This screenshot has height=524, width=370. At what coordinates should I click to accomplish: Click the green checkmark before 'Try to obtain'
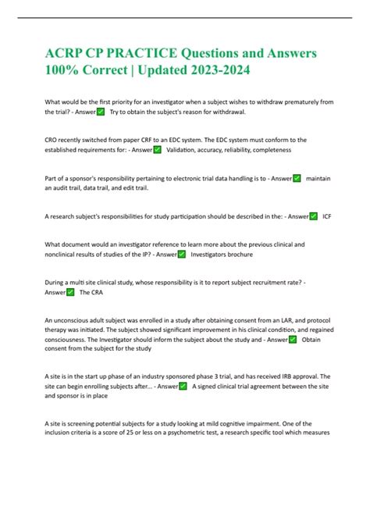(100, 112)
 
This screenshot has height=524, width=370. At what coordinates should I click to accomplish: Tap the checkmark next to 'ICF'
(313, 216)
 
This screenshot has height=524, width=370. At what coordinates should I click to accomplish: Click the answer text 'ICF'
(327, 216)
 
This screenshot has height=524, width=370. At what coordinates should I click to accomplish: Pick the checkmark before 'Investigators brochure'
(181, 254)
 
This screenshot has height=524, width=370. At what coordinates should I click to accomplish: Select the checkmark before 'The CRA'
(70, 292)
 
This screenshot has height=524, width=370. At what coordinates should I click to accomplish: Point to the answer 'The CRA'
(91, 292)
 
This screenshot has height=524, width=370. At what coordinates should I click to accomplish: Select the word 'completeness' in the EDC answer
(266, 149)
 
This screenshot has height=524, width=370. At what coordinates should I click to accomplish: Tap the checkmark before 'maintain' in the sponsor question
(297, 178)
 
